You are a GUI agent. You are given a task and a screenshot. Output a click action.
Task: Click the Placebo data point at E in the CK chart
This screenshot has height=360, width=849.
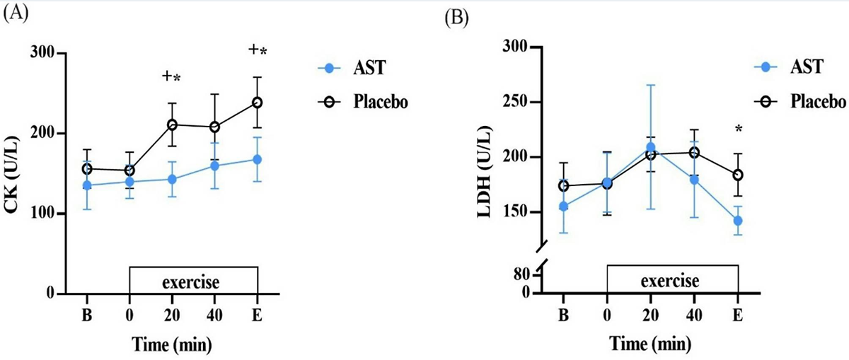click(257, 103)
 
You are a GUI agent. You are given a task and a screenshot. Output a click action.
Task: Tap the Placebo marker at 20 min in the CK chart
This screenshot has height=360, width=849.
click(172, 125)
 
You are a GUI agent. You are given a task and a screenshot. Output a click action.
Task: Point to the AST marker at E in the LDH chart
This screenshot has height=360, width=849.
click(738, 221)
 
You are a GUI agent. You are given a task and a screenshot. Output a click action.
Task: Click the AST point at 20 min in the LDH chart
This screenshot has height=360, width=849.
click(651, 148)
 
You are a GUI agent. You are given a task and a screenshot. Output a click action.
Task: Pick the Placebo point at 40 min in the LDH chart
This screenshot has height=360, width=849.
click(694, 152)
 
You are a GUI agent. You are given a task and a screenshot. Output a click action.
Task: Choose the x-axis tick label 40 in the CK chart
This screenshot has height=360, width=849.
click(214, 315)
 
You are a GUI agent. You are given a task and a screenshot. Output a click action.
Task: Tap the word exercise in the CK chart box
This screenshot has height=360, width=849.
click(192, 283)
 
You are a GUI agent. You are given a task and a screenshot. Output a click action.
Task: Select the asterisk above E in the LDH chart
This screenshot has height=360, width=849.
click(738, 129)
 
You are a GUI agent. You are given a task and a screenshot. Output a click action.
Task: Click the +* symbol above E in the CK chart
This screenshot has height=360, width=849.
click(258, 50)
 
